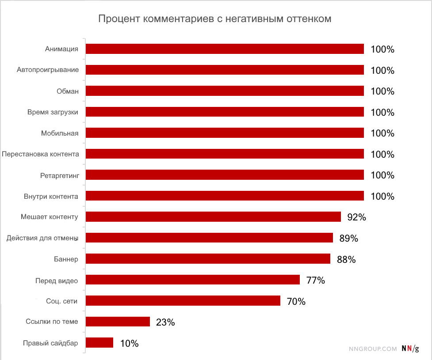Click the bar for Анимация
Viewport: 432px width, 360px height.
pyautogui.click(x=224, y=49)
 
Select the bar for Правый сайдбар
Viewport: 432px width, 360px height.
pyautogui.click(x=99, y=343)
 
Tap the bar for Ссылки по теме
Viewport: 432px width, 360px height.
pyautogui.click(x=118, y=322)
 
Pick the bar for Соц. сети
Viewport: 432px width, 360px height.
pyautogui.click(x=183, y=301)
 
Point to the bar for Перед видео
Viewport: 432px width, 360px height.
pyautogui.click(x=192, y=280)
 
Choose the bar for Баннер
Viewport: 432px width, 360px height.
pyautogui.click(x=208, y=259)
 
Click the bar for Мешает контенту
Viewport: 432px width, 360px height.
pyautogui.click(x=213, y=216)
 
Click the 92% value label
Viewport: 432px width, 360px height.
pyautogui.click(x=357, y=217)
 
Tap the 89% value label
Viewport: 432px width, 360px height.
pyautogui.click(x=348, y=239)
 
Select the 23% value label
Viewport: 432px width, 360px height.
pyautogui.click(x=165, y=322)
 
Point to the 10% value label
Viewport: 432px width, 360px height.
pyautogui.click(x=129, y=343)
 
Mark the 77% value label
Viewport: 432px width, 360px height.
pyautogui.click(x=316, y=280)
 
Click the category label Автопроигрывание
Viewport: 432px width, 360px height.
pyautogui.click(x=48, y=70)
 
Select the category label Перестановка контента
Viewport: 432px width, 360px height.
pyautogui.click(x=41, y=154)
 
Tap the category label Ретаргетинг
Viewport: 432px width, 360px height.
pyautogui.click(x=59, y=175)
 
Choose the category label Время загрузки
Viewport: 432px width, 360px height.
pyautogui.click(x=53, y=112)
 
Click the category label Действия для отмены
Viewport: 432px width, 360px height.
pyautogui.click(x=42, y=239)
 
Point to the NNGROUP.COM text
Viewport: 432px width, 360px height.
pyautogui.click(x=373, y=349)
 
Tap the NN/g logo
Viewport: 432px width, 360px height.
pyautogui.click(x=410, y=348)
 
